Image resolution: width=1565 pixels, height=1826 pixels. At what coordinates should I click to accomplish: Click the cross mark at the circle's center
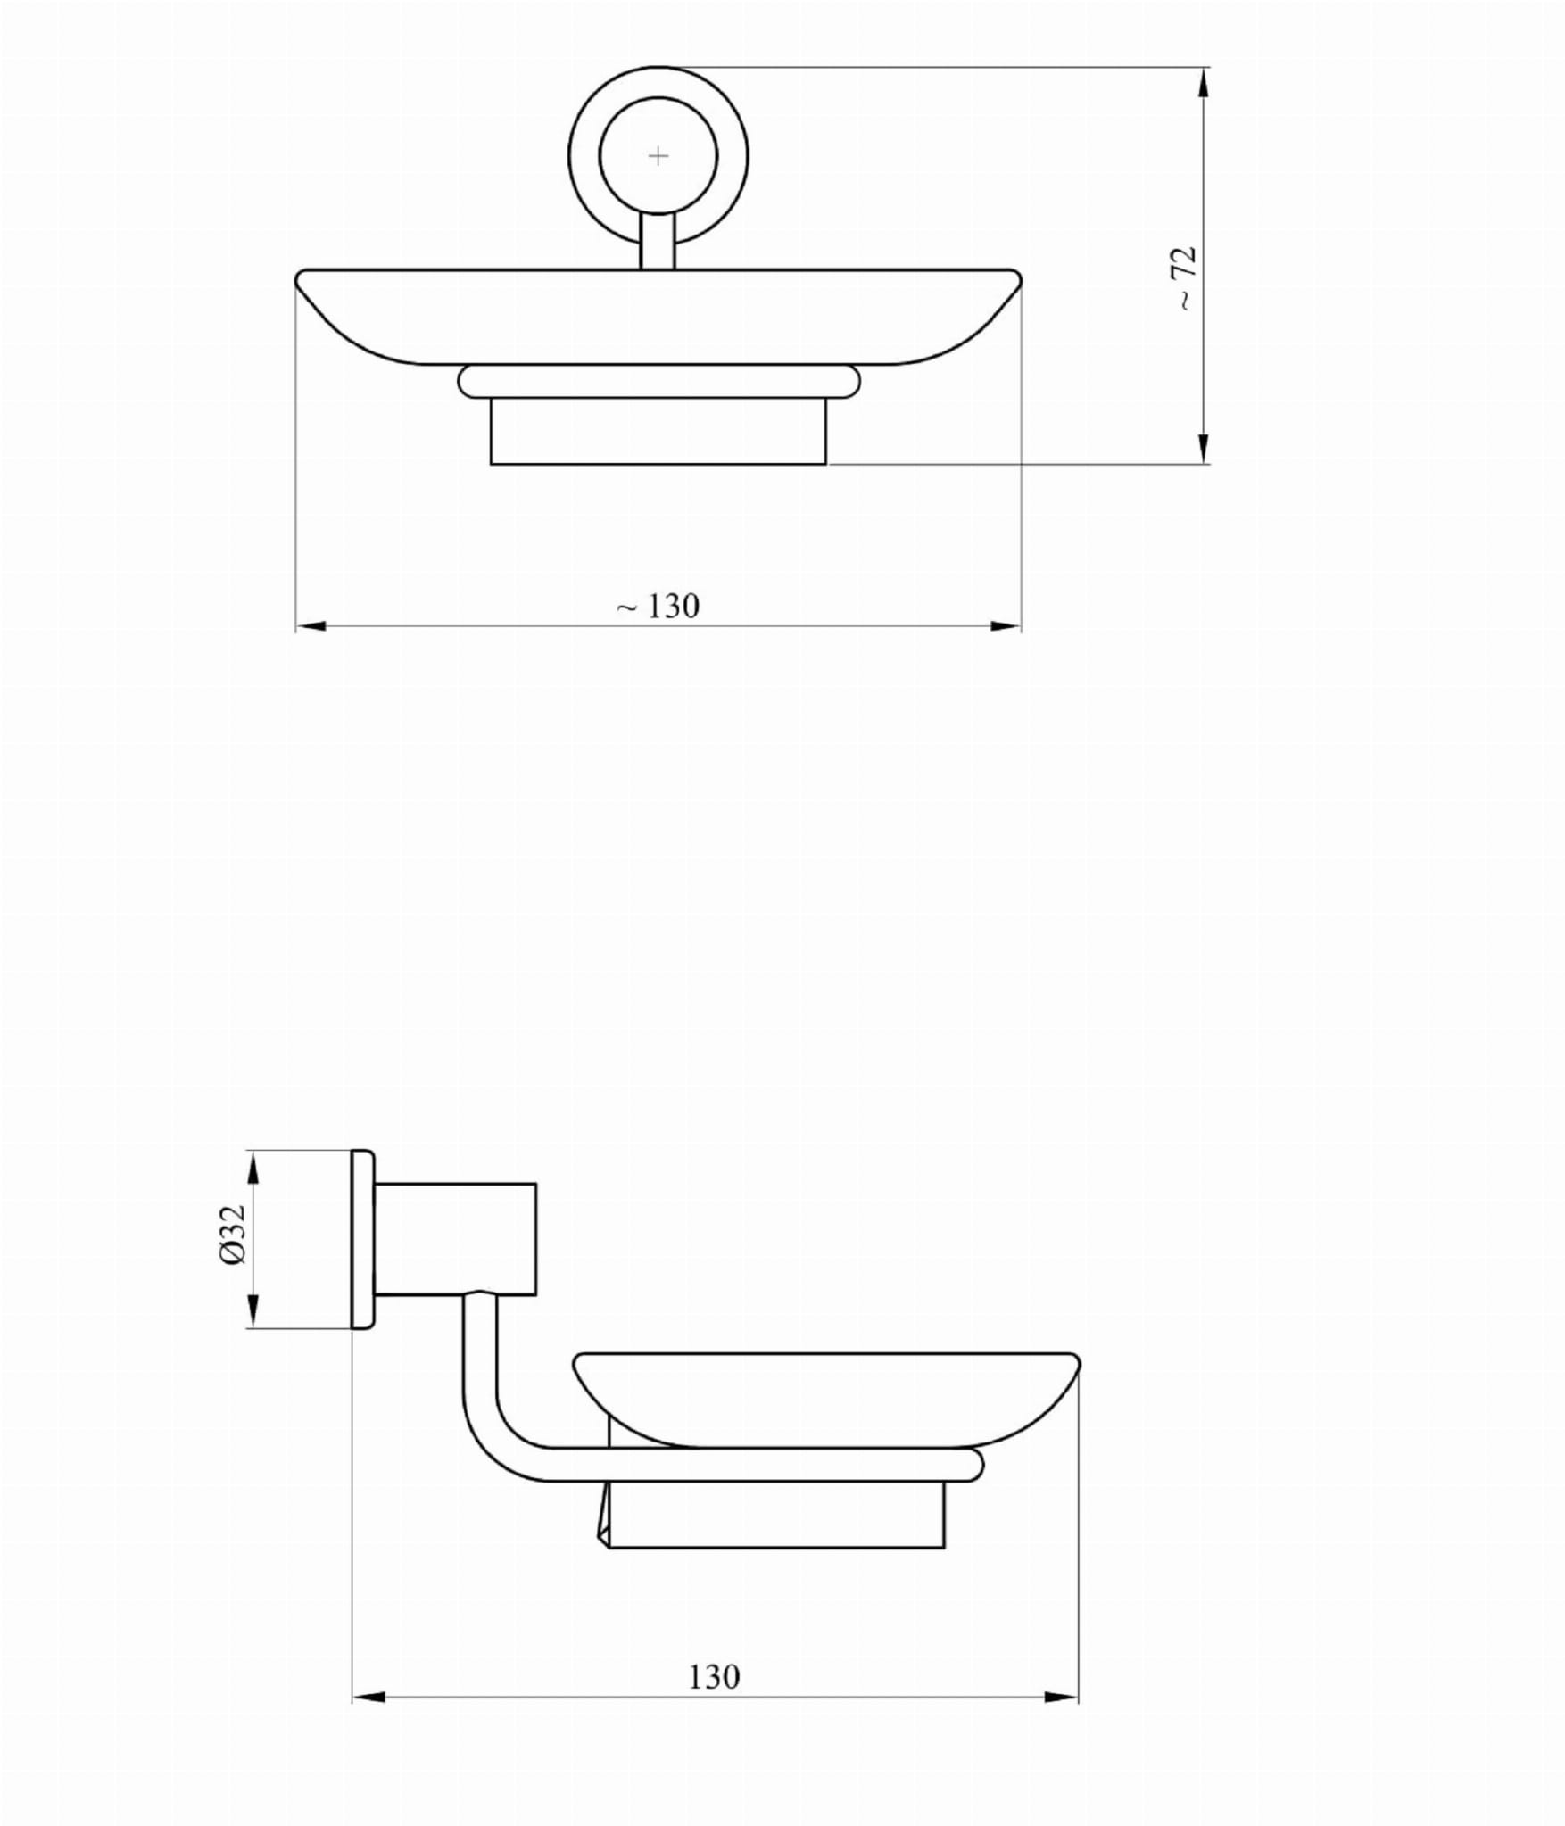pos(658,156)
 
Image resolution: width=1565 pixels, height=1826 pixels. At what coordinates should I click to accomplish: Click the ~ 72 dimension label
pos(1184,278)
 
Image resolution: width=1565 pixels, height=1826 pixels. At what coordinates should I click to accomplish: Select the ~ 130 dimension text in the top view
pos(658,607)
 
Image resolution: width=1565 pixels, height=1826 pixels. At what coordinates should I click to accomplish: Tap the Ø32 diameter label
pos(232,1235)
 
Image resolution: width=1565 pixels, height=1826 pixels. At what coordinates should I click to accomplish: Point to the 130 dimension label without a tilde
pos(714,1677)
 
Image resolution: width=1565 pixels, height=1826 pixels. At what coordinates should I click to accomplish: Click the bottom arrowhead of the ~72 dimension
pos(1204,447)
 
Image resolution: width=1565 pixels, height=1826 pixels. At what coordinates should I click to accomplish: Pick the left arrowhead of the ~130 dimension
pos(312,626)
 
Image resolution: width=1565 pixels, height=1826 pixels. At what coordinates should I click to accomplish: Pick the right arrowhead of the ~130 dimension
pos(1005,626)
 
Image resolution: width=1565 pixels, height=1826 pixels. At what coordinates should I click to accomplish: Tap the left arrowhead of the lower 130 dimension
pos(368,1696)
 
